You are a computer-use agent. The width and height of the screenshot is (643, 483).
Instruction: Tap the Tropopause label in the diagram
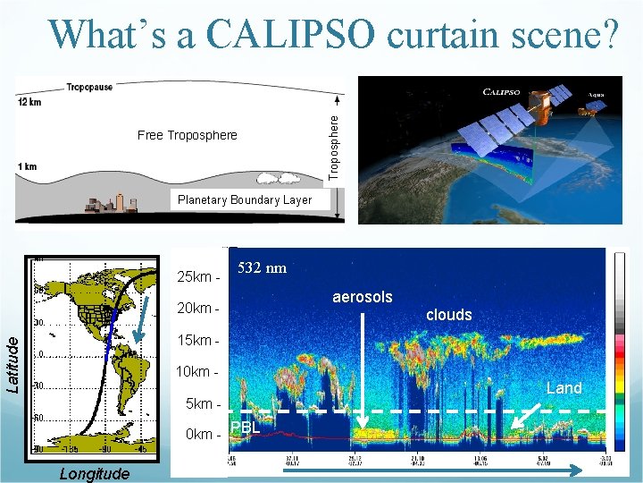click(x=88, y=88)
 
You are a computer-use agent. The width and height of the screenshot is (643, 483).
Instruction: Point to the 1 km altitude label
click(x=28, y=166)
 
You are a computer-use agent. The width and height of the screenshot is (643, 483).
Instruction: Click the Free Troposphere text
click(x=188, y=136)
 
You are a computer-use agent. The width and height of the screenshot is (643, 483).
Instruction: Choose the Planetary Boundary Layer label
click(x=245, y=199)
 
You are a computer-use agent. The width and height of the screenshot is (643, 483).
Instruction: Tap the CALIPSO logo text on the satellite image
click(x=507, y=91)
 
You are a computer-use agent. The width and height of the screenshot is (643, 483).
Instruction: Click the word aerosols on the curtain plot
click(x=362, y=297)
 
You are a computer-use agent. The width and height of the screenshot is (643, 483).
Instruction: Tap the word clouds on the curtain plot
click(x=448, y=315)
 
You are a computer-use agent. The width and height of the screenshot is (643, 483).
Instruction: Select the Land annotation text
click(x=564, y=388)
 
